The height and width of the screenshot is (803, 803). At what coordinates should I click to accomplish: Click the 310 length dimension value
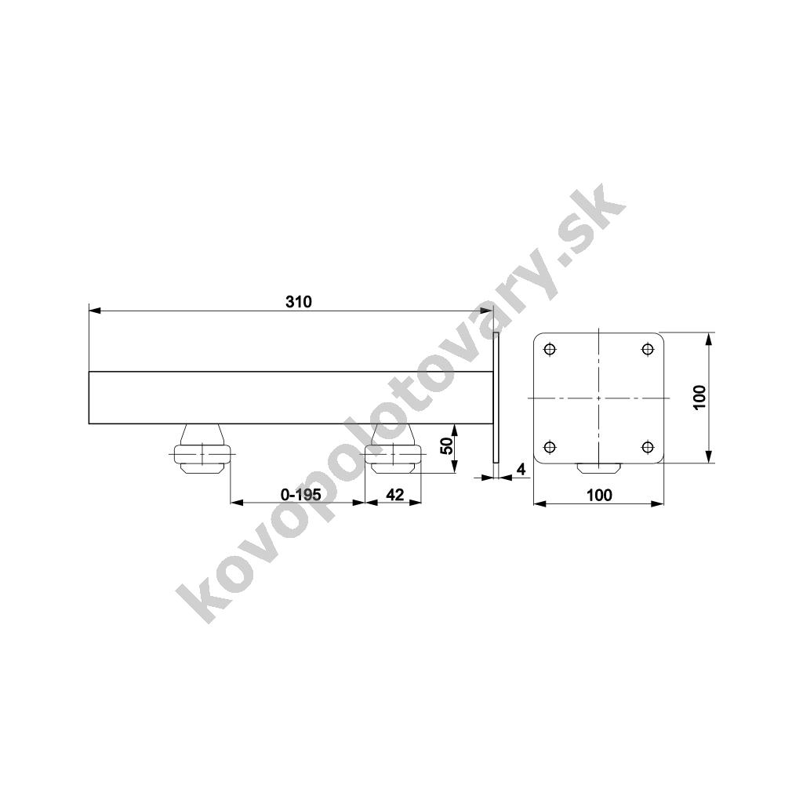299,302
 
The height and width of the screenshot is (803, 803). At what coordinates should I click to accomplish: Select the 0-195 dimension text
301,495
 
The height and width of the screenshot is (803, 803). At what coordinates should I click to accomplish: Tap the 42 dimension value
395,495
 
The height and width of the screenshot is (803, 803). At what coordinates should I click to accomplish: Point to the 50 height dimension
446,446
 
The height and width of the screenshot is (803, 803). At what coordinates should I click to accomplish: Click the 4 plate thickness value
521,469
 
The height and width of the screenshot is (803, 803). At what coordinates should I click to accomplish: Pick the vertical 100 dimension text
699,398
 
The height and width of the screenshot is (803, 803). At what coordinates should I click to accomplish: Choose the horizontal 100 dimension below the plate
599,496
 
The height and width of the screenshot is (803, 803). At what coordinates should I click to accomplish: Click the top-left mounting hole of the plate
550,350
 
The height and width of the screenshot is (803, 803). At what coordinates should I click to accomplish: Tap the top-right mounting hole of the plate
647,350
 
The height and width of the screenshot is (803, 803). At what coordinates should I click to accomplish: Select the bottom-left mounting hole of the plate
550,447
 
